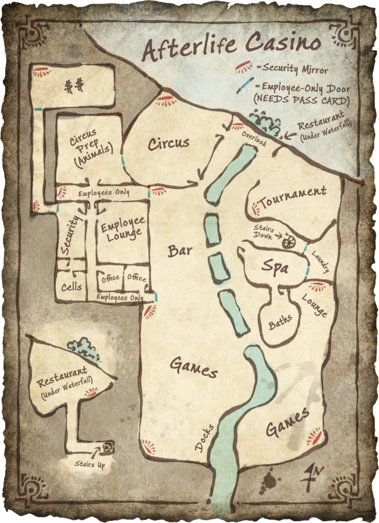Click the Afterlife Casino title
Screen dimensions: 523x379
[x=232, y=46]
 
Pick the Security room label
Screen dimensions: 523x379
[x=70, y=234]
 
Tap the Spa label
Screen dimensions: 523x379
[x=275, y=267]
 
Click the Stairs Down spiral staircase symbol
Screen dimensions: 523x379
[x=287, y=243]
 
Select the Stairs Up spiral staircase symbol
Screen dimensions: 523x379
[x=106, y=447]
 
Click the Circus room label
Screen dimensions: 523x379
[x=168, y=143]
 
